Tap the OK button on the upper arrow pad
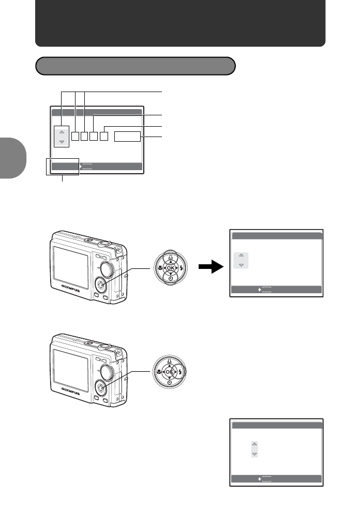(170, 268)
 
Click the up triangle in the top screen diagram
(62, 132)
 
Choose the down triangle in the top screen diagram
(62, 141)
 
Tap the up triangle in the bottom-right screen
(254, 444)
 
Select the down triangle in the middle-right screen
(241, 264)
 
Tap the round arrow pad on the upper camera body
(101, 285)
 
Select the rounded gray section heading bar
(135, 66)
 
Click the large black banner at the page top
(180, 23)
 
